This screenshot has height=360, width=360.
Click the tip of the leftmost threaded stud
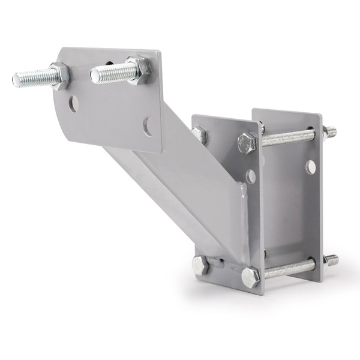[x=16, y=79]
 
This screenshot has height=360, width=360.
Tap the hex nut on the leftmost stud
[x=59, y=76]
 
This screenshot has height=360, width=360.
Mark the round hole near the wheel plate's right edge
[x=148, y=125]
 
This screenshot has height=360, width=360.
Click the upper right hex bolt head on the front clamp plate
[x=247, y=142]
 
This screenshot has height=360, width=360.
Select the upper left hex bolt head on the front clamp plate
[x=200, y=136]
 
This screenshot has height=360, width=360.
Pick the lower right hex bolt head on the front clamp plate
[x=250, y=277]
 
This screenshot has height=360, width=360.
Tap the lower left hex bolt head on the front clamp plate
[x=200, y=265]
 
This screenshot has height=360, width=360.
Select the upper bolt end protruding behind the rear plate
[x=330, y=131]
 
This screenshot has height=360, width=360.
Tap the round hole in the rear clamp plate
[x=310, y=167]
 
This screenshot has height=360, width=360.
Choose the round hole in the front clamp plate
[x=251, y=175]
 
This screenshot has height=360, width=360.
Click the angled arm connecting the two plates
[x=180, y=180]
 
